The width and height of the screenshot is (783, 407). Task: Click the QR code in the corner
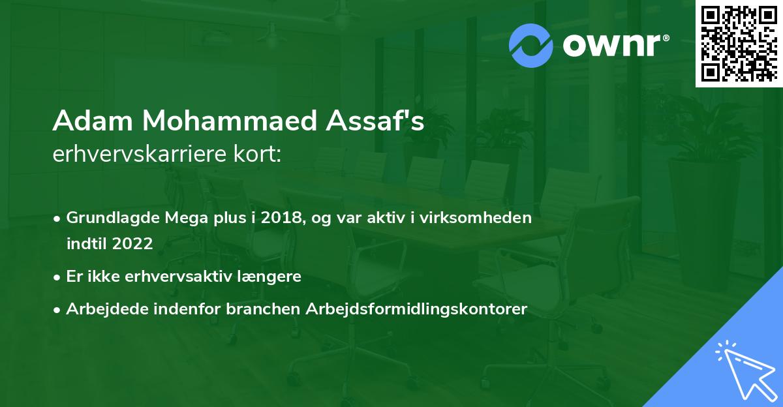click(739, 43)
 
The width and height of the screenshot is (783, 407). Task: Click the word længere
click(268, 277)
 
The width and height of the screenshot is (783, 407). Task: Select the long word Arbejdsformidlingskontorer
click(416, 309)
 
